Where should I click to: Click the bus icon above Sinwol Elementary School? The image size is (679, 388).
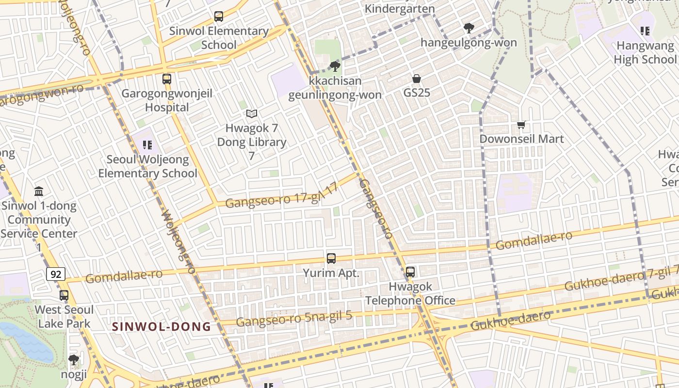click(x=219, y=16)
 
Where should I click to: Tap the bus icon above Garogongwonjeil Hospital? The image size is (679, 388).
click(x=167, y=79)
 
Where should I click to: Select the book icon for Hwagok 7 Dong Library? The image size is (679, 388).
click(x=251, y=114)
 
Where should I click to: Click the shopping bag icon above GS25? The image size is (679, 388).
click(x=416, y=78)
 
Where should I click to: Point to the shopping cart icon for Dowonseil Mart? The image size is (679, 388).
click(x=521, y=125)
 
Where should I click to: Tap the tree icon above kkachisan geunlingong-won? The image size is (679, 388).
click(x=335, y=66)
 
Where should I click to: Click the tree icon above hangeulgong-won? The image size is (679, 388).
click(x=469, y=28)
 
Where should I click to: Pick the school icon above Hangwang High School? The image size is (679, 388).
click(x=645, y=32)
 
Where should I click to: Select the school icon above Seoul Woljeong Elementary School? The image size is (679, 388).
click(x=147, y=145)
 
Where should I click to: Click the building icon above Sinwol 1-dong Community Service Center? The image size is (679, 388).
click(x=39, y=192)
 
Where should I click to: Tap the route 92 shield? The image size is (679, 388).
click(x=56, y=275)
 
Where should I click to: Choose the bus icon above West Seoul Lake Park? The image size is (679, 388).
click(x=64, y=295)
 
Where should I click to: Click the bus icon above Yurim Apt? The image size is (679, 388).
click(x=331, y=259)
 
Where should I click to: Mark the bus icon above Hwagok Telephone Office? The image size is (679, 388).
click(x=410, y=272)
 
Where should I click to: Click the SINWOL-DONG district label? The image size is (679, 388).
click(x=162, y=327)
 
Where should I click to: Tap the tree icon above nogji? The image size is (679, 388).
click(x=74, y=360)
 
